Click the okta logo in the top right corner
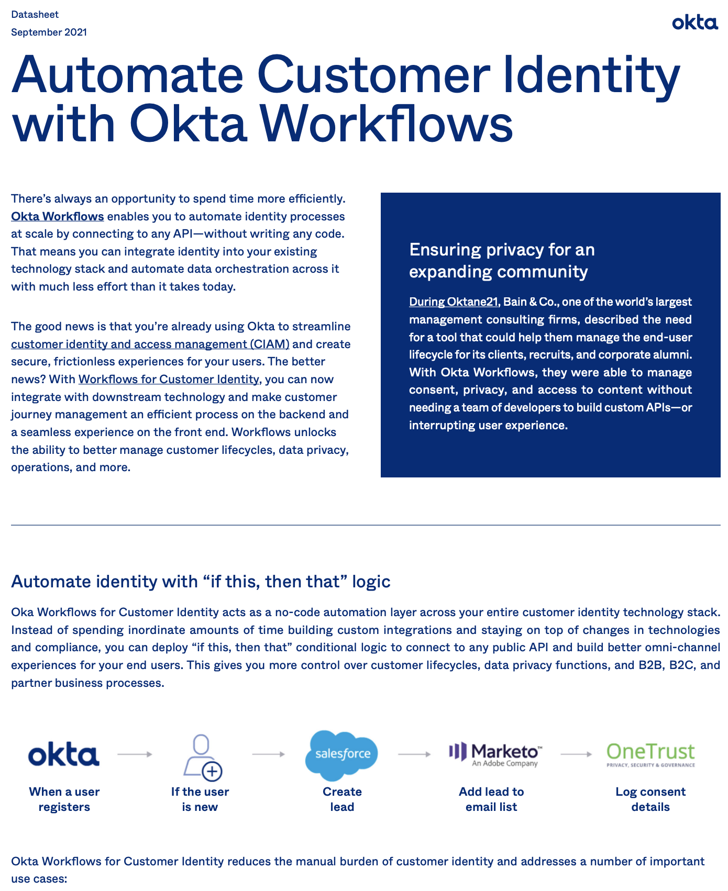(694, 23)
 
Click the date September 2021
(49, 32)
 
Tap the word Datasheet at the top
(35, 15)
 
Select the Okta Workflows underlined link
(58, 216)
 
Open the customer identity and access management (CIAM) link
(150, 344)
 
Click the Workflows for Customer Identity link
(169, 379)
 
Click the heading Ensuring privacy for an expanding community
(502, 260)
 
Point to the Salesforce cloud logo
(342, 754)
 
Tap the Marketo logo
(495, 754)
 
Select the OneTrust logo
(650, 754)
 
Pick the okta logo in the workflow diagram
(64, 754)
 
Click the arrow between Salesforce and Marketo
(414, 754)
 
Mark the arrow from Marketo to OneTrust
(576, 754)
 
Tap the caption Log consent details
(650, 799)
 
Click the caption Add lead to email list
(491, 799)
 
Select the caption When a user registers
(64, 799)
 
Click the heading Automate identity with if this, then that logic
(201, 581)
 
